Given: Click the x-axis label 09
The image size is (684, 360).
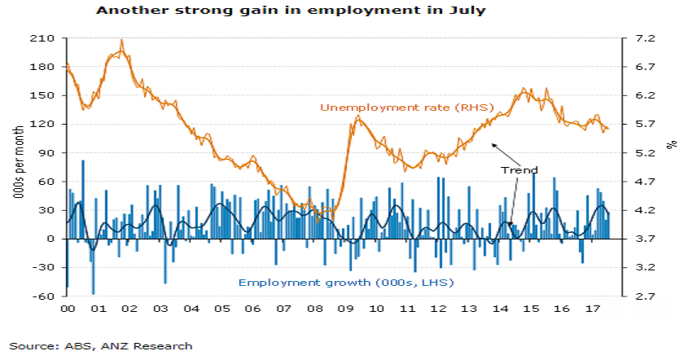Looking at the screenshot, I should (x=344, y=310).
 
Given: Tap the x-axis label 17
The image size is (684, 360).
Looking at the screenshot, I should (x=591, y=310).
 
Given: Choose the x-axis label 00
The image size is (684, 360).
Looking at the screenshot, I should (x=68, y=310).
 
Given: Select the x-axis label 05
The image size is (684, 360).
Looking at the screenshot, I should (x=221, y=310).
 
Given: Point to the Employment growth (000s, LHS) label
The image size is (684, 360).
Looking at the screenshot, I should (x=345, y=283).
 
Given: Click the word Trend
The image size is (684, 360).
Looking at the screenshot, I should (x=519, y=170).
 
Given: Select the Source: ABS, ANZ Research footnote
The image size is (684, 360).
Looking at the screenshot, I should (x=101, y=345).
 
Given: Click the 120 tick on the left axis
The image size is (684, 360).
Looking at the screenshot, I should (x=45, y=124).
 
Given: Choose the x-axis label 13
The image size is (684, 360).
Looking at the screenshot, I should (x=467, y=310).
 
